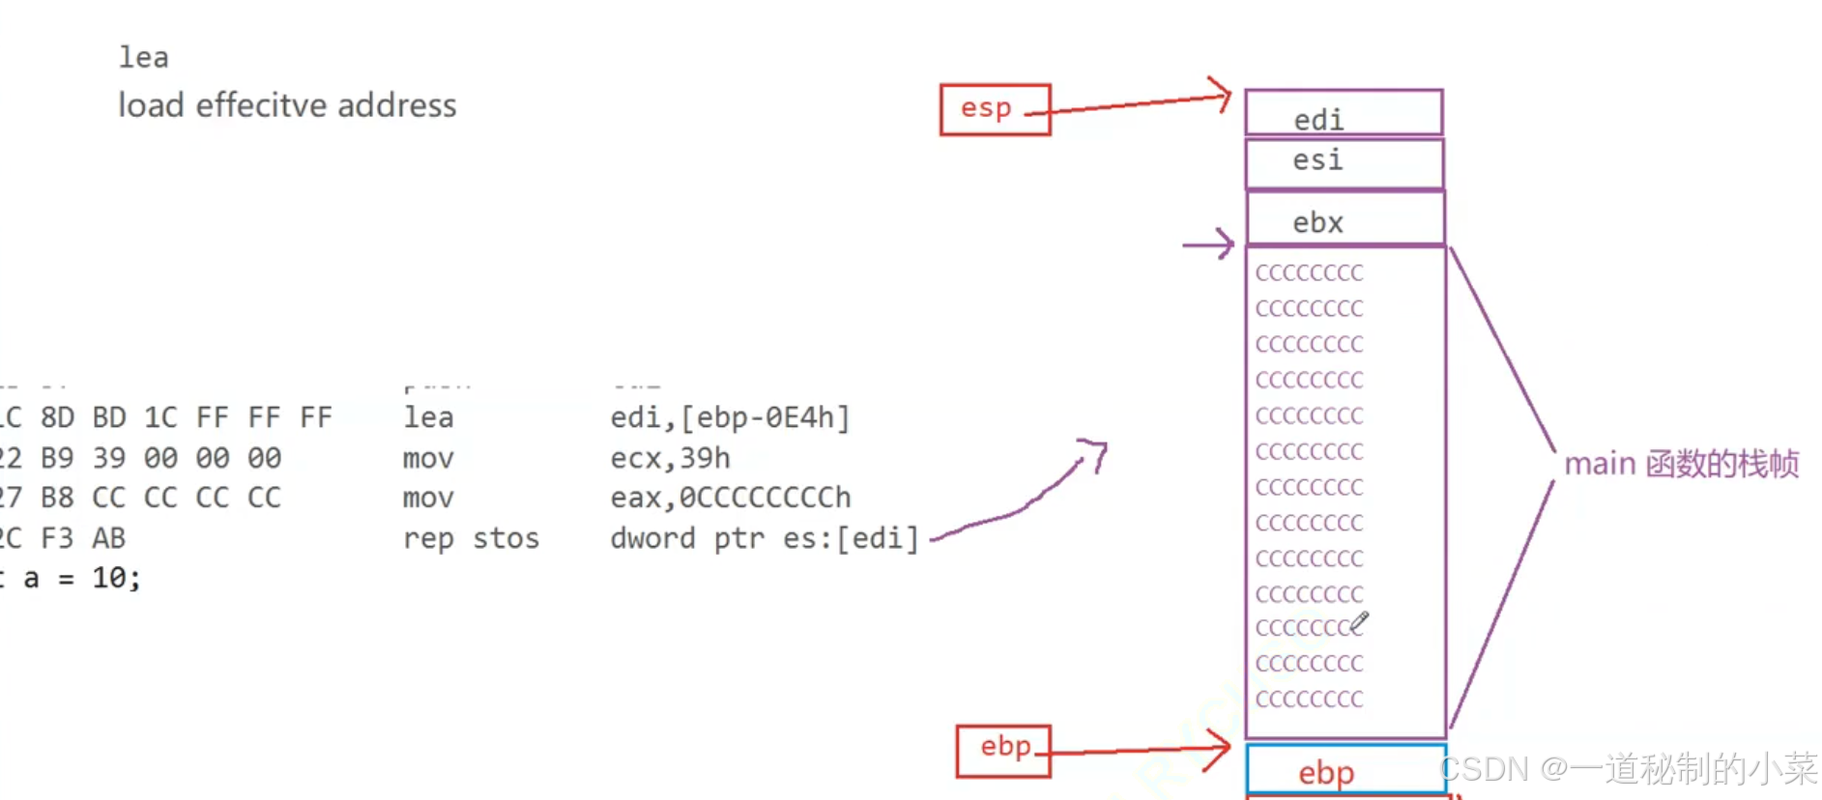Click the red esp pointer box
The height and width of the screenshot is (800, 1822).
(x=995, y=109)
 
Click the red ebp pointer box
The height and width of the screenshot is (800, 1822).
(x=1003, y=750)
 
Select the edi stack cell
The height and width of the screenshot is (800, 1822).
(x=1344, y=113)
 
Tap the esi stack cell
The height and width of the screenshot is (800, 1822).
(x=1344, y=162)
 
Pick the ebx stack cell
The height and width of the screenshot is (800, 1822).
(x=1344, y=219)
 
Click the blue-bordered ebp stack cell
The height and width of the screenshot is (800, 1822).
(x=1345, y=770)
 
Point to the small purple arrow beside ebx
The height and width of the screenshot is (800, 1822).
(x=1208, y=243)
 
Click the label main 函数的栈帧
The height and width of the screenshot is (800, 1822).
(x=1681, y=464)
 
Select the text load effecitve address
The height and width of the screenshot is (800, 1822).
(x=287, y=105)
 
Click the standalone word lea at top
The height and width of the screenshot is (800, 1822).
(x=143, y=58)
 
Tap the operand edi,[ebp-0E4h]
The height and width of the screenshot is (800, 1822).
(x=730, y=417)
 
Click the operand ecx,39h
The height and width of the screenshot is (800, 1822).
(x=670, y=458)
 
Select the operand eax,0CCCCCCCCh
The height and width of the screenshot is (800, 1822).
(x=731, y=498)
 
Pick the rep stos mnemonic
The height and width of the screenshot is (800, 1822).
(x=471, y=538)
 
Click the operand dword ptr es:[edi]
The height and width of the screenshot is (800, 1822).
(x=764, y=538)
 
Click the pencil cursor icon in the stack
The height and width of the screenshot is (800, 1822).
(x=1359, y=622)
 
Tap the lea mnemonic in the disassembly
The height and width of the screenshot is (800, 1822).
(x=428, y=417)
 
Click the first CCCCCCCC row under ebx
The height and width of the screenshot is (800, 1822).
(x=1309, y=273)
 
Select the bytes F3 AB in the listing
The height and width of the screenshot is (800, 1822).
(x=83, y=538)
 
